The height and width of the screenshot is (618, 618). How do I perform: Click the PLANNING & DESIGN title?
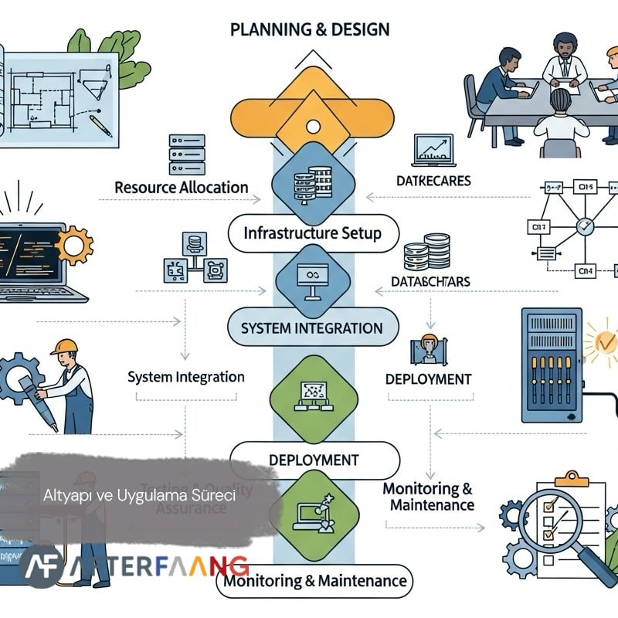click(x=310, y=30)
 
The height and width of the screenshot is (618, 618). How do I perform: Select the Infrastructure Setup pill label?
click(x=312, y=233)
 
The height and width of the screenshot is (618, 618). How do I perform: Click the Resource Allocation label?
click(x=182, y=188)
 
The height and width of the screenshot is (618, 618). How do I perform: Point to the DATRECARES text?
click(x=433, y=182)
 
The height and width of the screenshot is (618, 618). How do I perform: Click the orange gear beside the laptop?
click(x=73, y=246)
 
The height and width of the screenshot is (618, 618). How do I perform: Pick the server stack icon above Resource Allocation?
click(x=186, y=154)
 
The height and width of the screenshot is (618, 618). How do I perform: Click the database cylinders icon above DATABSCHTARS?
click(x=427, y=252)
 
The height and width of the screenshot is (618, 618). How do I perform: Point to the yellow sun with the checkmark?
click(x=603, y=340)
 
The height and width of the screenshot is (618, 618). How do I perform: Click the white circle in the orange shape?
click(x=313, y=125)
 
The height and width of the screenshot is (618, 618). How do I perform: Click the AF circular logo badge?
click(x=39, y=566)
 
